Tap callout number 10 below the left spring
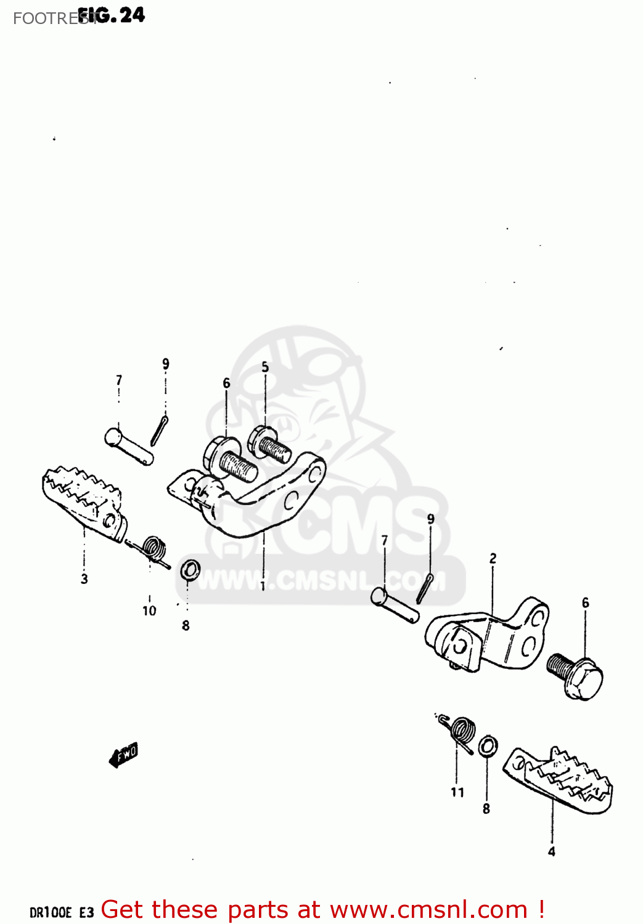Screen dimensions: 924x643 149,610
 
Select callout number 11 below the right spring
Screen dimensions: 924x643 457,792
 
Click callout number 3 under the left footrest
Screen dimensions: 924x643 84,578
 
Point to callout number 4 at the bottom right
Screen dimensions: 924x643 551,851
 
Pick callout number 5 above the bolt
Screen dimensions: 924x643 265,367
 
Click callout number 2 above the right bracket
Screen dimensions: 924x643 493,559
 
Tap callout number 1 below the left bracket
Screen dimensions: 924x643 263,585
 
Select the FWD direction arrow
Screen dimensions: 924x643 124,755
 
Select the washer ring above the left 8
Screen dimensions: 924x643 190,570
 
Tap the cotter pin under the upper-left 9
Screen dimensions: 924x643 159,429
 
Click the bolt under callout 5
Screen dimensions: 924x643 269,445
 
